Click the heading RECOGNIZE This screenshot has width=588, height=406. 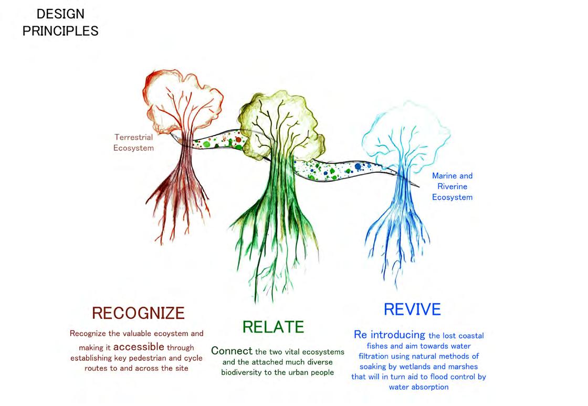138,313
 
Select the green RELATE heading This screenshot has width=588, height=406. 273,327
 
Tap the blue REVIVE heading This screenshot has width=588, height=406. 412,309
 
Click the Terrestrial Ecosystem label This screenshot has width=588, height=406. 134,142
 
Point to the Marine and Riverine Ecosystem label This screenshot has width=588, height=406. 452,186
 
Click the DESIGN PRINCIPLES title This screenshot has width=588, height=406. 60,22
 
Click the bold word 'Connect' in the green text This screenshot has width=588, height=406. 232,350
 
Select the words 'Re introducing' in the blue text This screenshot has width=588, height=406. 390,335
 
